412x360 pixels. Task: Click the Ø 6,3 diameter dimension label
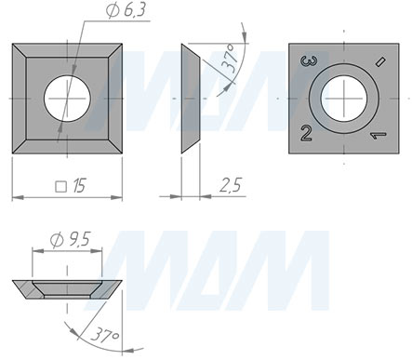pyautogui.click(x=126, y=10)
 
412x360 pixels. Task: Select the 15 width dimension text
pyautogui.click(x=79, y=186)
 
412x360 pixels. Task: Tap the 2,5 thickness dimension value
pyautogui.click(x=231, y=185)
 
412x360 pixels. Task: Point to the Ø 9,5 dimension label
pyautogui.click(x=70, y=240)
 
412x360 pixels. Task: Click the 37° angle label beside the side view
pyautogui.click(x=231, y=59)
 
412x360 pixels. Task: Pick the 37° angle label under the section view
pyautogui.click(x=105, y=335)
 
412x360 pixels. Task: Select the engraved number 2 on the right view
pyautogui.click(x=306, y=134)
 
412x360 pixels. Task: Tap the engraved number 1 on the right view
pyautogui.click(x=379, y=135)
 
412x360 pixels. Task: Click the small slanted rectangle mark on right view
pyautogui.click(x=380, y=61)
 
